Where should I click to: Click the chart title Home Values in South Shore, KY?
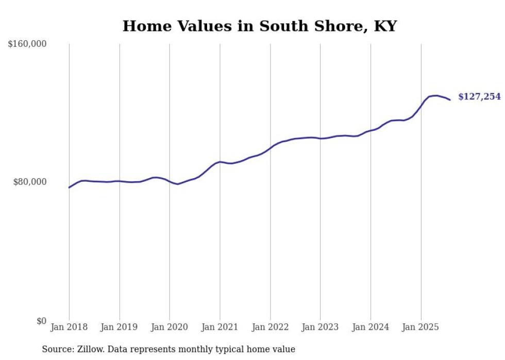click(259, 26)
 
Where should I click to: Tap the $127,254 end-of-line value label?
click(479, 97)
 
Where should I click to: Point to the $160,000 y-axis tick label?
click(27, 44)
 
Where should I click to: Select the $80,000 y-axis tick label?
click(29, 182)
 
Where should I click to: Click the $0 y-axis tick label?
click(41, 321)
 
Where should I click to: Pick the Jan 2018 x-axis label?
click(69, 327)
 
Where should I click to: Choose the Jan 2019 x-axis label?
click(120, 327)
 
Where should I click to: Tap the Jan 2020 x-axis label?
click(170, 327)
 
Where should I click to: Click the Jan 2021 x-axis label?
click(220, 327)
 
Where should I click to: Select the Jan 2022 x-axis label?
click(270, 327)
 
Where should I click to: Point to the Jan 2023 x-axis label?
click(320, 327)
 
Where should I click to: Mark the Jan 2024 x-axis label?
click(371, 327)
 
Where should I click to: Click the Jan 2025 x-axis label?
click(421, 327)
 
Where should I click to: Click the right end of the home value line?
click(450, 99)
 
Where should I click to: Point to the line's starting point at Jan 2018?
click(69, 187)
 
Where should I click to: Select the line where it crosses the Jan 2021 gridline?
click(220, 162)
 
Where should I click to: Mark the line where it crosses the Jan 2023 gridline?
click(320, 139)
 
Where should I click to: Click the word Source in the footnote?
click(56, 349)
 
